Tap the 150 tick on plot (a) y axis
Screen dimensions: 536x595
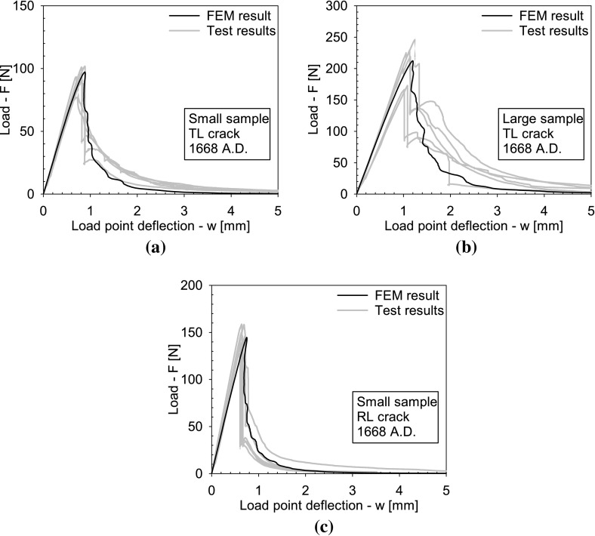coord(29,6)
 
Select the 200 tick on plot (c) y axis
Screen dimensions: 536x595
coord(197,285)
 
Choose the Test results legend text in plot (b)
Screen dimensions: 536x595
coord(554,30)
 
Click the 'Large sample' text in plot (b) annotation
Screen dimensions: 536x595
coord(535,119)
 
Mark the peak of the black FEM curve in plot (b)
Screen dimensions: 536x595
coord(412,61)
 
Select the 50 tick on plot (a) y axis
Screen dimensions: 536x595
coord(32,131)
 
